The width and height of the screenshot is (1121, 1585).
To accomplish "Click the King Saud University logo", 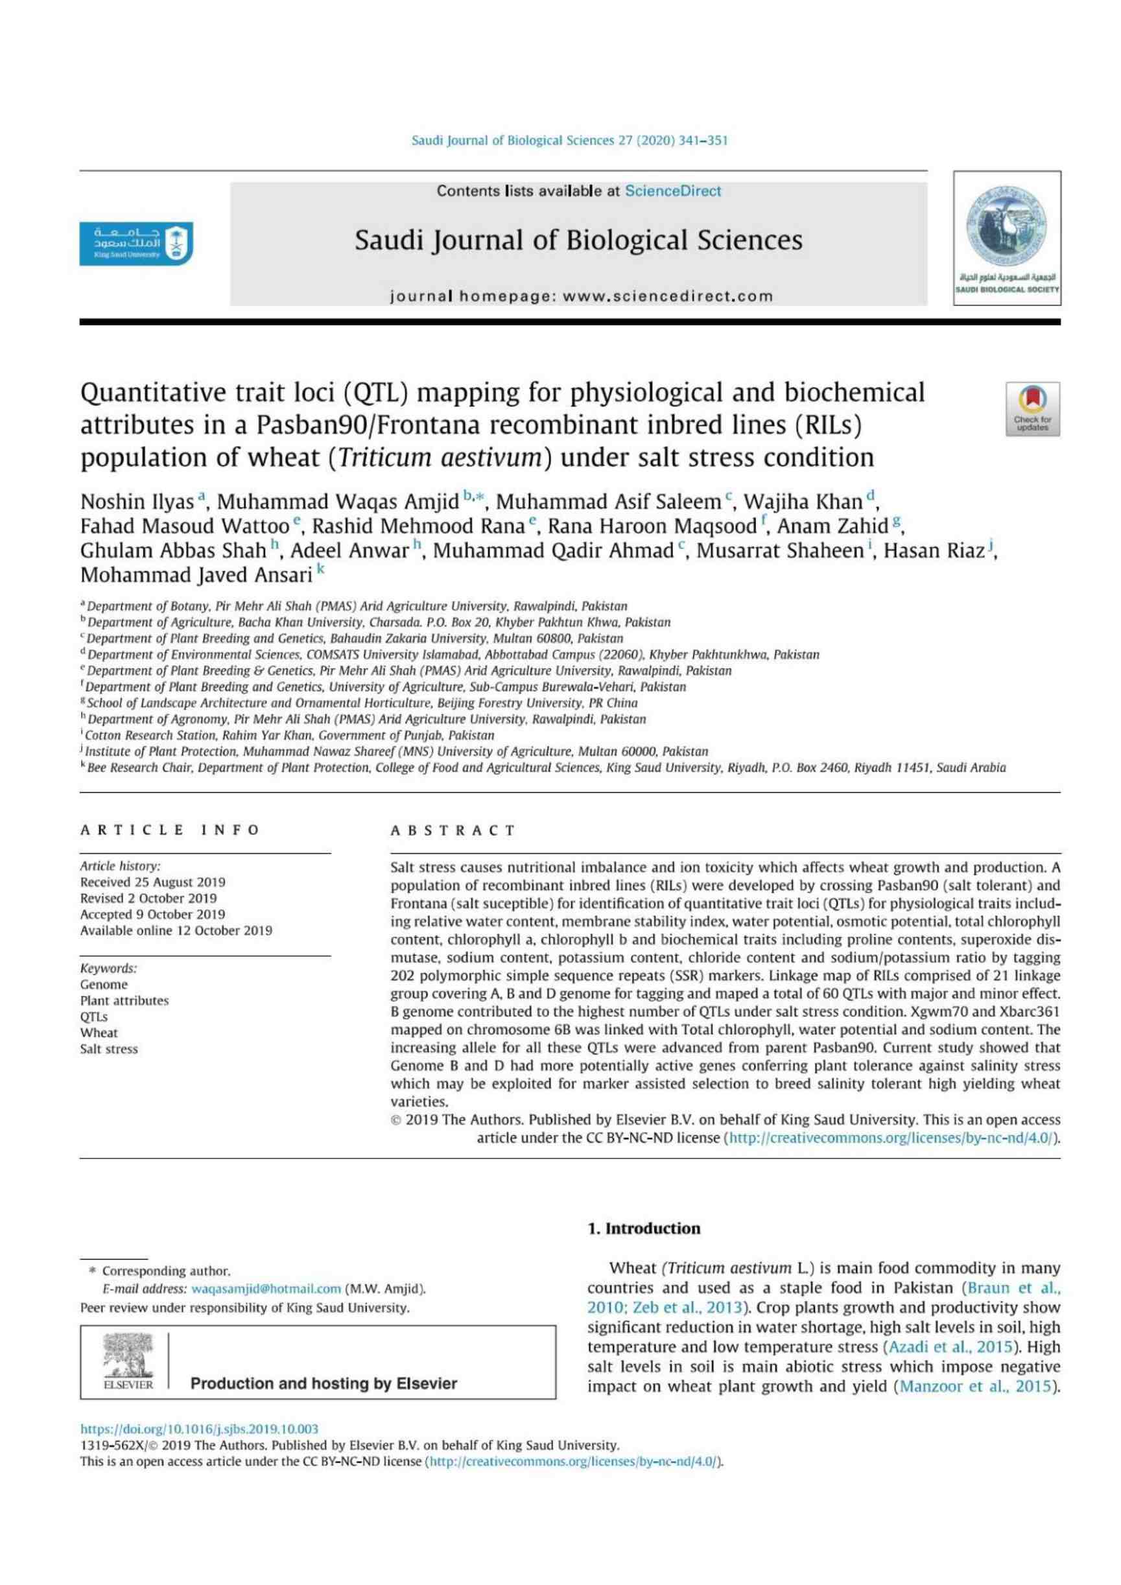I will (136, 244).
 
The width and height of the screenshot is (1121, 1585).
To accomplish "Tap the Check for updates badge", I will (1032, 408).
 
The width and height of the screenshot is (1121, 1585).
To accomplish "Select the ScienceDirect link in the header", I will (672, 191).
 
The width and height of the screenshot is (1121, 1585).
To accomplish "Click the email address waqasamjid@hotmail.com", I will (266, 1289).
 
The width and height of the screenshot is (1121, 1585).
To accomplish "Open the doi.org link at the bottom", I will (200, 1429).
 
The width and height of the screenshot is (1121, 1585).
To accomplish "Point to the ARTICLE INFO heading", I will (170, 830).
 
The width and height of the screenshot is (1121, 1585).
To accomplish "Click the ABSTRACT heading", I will (453, 830).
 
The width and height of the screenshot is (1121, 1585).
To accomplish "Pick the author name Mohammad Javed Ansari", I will (196, 574).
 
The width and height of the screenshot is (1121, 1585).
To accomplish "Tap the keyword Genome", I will (104, 985).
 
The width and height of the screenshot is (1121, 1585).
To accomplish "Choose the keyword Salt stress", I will (109, 1049).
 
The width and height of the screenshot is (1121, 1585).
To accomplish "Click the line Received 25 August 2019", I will (152, 882).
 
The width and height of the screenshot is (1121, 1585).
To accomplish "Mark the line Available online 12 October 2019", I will (176, 930).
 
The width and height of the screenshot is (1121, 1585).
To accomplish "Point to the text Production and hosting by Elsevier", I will (324, 1383).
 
